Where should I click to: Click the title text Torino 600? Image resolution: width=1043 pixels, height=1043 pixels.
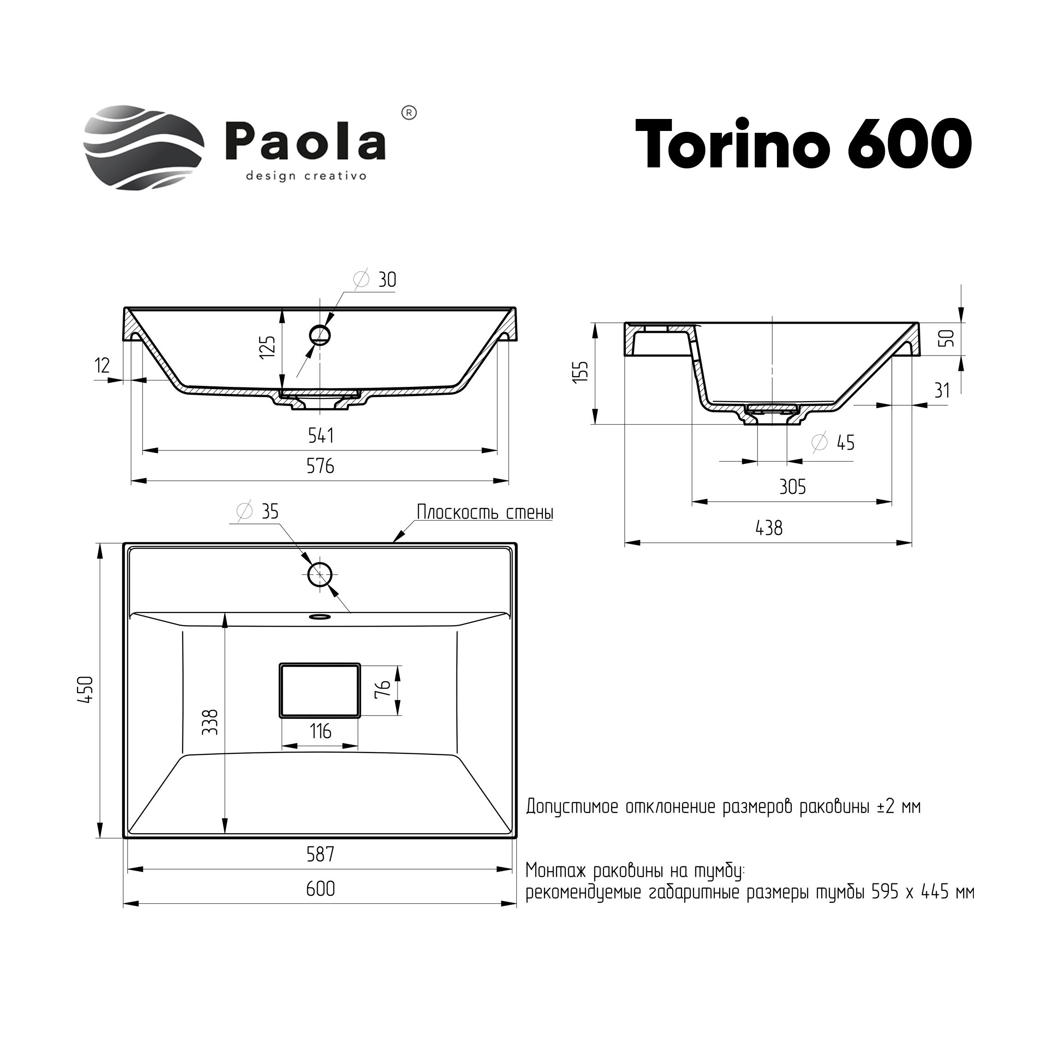(x=804, y=145)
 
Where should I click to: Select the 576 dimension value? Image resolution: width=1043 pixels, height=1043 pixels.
(x=320, y=466)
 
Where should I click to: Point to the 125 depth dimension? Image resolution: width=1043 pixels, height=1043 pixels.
(x=268, y=346)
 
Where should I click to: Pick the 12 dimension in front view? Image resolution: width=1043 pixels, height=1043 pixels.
(x=102, y=366)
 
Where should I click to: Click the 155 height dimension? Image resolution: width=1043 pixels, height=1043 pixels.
(x=581, y=372)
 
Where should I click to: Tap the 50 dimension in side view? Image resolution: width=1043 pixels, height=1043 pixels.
(x=948, y=338)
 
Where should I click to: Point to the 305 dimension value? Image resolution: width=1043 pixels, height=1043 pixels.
(x=793, y=487)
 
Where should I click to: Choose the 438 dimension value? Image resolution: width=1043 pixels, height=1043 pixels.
(x=769, y=528)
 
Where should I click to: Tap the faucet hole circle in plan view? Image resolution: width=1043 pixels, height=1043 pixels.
(x=320, y=575)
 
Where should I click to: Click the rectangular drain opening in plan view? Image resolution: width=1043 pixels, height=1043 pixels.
(x=320, y=690)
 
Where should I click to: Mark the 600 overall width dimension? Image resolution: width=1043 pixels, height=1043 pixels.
(x=320, y=889)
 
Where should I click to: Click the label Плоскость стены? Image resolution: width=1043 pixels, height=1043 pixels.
(x=485, y=512)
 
